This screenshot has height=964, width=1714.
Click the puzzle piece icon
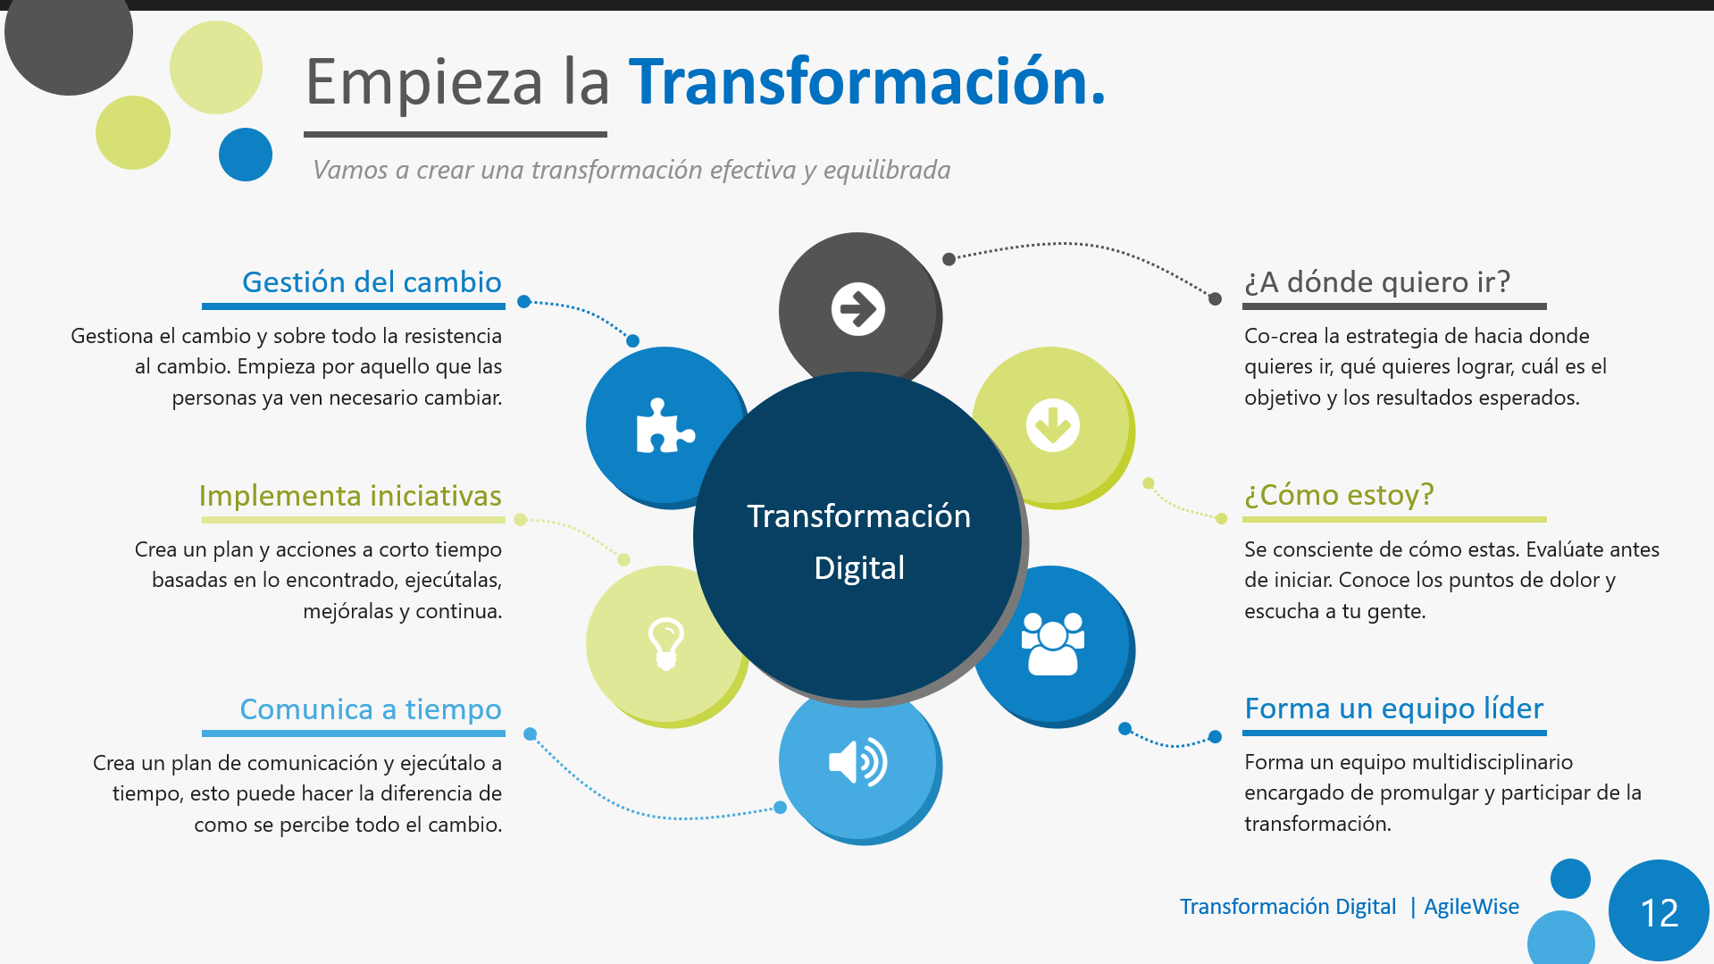(x=665, y=425)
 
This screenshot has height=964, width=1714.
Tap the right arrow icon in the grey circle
(x=858, y=309)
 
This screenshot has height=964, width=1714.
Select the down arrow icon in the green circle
(x=1053, y=425)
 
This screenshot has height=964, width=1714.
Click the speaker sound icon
(x=858, y=762)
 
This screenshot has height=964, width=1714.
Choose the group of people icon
(x=1053, y=643)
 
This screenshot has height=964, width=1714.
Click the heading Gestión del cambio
(x=372, y=282)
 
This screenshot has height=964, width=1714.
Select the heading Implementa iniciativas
(x=350, y=496)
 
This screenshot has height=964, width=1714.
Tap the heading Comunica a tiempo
(x=371, y=709)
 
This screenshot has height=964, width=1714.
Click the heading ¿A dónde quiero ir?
(x=1377, y=282)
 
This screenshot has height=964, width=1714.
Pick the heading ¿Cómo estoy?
(x=1339, y=495)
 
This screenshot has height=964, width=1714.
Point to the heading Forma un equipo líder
(x=1394, y=708)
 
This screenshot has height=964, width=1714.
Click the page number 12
(x=1660, y=912)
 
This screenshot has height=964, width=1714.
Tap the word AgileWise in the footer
(x=1471, y=907)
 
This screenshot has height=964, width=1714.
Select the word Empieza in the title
(x=424, y=83)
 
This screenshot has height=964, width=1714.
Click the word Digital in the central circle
(x=859, y=569)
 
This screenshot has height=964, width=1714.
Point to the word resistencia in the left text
(x=442, y=336)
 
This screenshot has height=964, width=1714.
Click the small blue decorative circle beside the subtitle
(x=246, y=155)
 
